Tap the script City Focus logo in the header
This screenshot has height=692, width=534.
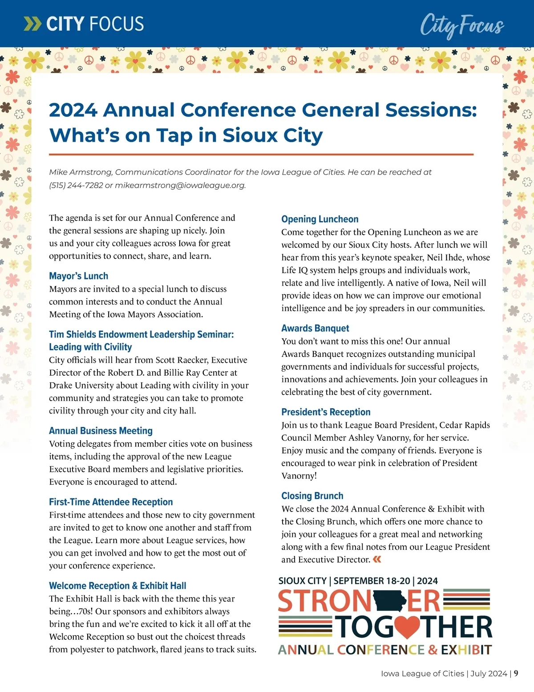pos(461,25)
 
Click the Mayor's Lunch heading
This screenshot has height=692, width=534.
pos(78,276)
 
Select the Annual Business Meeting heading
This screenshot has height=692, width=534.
pos(101,430)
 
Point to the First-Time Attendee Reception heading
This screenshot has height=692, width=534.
pos(111,502)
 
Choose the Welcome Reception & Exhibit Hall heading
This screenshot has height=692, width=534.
pos(117,586)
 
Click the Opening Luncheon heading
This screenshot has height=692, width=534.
pos(320,219)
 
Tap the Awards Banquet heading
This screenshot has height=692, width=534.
pos(315,328)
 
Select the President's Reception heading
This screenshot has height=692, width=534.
pos(326,412)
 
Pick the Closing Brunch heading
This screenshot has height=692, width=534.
pos(312,495)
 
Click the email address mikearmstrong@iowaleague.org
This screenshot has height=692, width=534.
pos(180,185)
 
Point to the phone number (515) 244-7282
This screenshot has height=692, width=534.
pos(76,185)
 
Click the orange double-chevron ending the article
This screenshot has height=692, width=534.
pos(377,559)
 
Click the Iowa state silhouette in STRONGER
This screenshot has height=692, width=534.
pos(389,601)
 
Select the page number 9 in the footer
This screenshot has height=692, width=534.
pos(516,673)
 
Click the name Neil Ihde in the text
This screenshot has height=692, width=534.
pos(447,257)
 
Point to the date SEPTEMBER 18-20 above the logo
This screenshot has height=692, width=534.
pos(372,581)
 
